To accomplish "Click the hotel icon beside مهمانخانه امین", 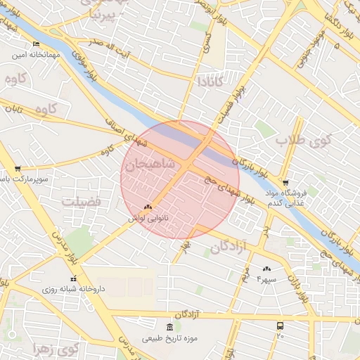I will (x=36, y=43).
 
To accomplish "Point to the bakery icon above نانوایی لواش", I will (x=148, y=207).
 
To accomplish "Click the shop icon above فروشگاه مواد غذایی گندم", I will (x=285, y=182).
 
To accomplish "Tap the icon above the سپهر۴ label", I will (x=266, y=269).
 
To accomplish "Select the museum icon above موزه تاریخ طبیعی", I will (x=169, y=328).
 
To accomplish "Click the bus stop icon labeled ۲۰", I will (x=281, y=326).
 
